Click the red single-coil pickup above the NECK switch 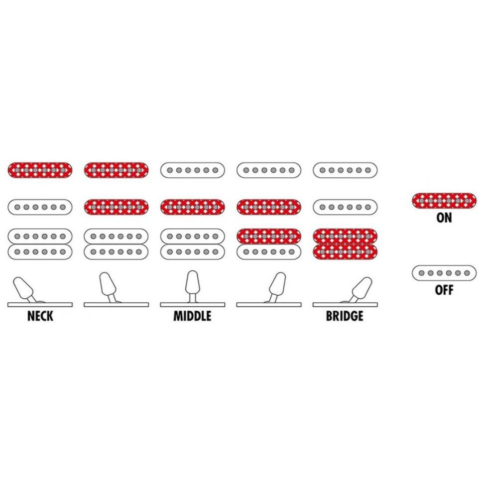coord(40,170)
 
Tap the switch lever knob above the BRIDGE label coord(362,287)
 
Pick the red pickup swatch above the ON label coord(444,201)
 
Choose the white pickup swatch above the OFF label coord(444,273)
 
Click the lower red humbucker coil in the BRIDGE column coord(345,252)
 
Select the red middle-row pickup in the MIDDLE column coord(193,207)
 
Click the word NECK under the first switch coord(40,316)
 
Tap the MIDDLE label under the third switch coord(193,316)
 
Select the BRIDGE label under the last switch coord(345,316)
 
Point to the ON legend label coord(444,218)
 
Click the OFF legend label coord(444,290)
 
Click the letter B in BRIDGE coord(329,316)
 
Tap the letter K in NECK coord(50,316)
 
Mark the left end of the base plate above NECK coord(7,305)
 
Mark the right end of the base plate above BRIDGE coord(377,305)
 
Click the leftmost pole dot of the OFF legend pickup coord(421,273)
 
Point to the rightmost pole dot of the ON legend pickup coord(467,201)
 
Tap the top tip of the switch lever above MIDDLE coord(193,271)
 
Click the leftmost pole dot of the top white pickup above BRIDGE coord(323,170)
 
